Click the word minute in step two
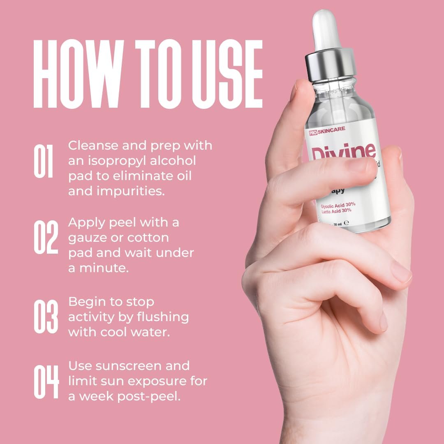point(105,268)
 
